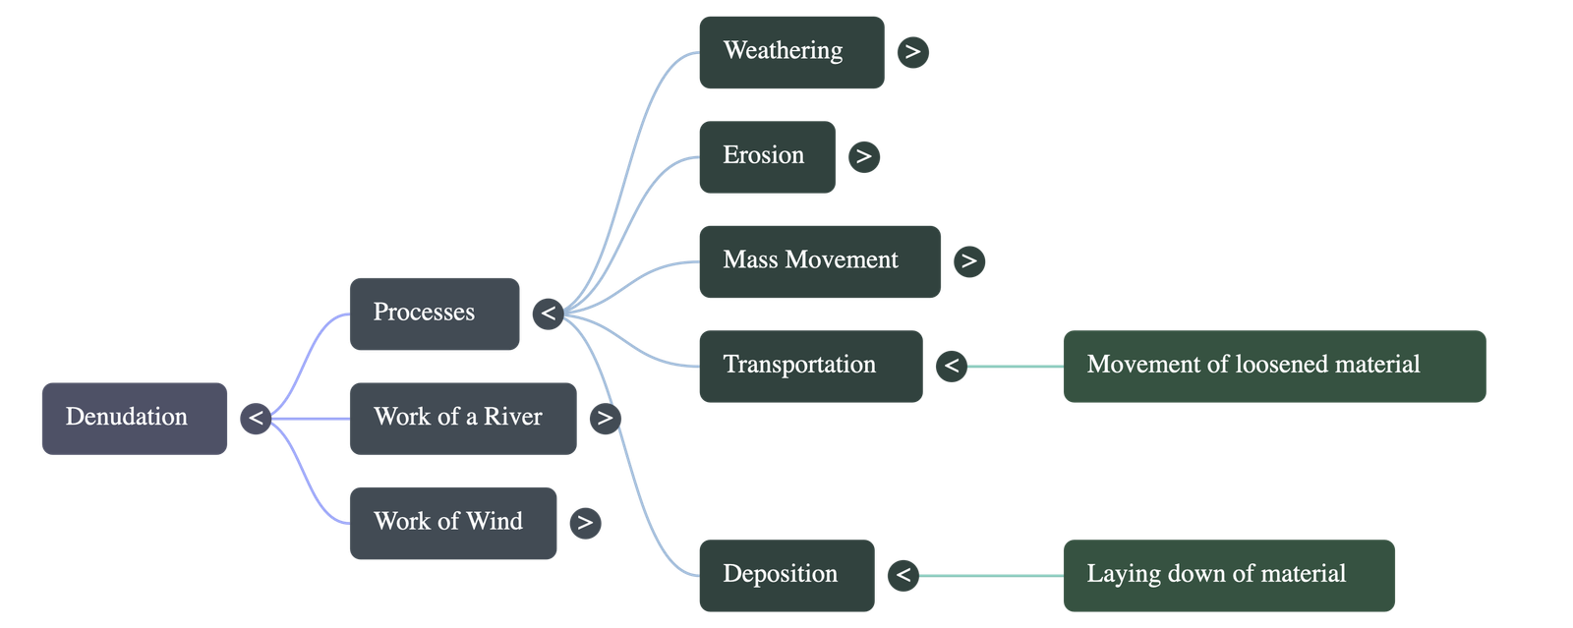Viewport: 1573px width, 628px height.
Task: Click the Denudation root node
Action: coord(134,418)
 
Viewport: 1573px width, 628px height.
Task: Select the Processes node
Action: coord(434,314)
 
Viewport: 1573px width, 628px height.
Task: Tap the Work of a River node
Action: coord(462,418)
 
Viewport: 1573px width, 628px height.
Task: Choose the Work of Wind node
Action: coord(452,523)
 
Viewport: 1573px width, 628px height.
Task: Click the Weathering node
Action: coord(790,52)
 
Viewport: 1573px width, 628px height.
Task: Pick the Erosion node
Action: coord(766,156)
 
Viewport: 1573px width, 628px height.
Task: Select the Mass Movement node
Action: coord(818,260)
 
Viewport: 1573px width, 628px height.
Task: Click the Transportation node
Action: coord(809,366)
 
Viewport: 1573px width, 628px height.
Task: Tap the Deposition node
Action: coord(786,575)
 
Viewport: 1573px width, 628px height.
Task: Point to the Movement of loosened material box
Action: coord(1274,366)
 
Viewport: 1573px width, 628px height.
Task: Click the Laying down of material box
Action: coord(1228,575)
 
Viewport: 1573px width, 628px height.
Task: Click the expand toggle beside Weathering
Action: coord(912,52)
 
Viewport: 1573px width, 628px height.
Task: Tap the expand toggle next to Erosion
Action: coord(863,156)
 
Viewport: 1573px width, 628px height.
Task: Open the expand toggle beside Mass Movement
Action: coord(968,260)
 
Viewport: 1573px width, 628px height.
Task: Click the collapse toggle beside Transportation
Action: coord(951,367)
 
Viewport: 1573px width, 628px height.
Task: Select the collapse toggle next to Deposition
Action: coord(903,575)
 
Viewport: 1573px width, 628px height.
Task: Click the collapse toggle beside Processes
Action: coord(548,314)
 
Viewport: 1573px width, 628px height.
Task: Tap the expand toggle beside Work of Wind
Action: coord(585,523)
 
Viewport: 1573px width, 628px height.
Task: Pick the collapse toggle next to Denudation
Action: coord(256,419)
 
